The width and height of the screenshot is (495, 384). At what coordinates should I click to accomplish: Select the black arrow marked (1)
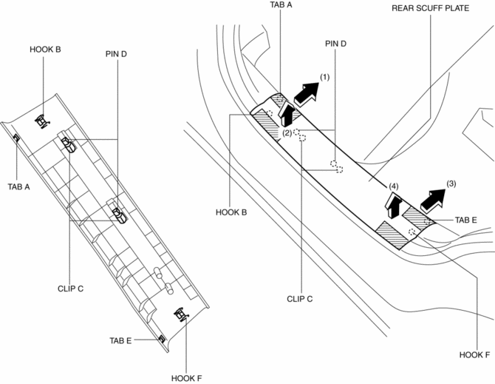[306, 93]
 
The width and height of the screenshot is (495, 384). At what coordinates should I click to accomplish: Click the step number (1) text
[324, 77]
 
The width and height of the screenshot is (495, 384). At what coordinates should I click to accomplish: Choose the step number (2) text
[288, 133]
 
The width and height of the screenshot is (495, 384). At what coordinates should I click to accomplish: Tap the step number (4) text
[394, 186]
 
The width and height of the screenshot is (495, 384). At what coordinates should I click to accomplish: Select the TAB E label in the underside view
[120, 340]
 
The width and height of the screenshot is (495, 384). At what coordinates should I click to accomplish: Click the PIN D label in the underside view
[117, 55]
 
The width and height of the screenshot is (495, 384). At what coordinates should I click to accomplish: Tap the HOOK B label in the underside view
[45, 50]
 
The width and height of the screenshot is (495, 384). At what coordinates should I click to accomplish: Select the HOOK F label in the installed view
[477, 354]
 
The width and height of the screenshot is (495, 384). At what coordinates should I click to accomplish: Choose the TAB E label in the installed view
[466, 220]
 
